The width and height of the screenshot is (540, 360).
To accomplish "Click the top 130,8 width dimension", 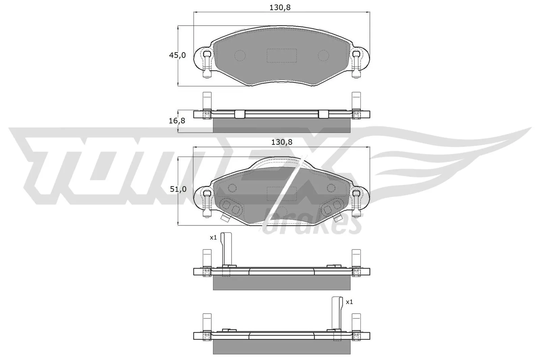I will (280, 7).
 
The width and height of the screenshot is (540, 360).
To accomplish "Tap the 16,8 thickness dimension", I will (177, 120).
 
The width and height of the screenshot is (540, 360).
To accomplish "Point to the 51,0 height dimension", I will (178, 189).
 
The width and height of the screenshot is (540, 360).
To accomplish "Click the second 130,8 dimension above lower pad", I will (282, 142).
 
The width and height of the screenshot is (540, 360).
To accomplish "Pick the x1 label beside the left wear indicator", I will (213, 238).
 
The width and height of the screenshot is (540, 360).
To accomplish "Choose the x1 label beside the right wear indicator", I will (349, 302).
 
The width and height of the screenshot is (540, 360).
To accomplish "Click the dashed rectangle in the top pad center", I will (281, 55).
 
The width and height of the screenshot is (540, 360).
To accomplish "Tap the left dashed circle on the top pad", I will (240, 55).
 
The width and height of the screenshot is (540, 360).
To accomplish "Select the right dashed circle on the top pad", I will (324, 55).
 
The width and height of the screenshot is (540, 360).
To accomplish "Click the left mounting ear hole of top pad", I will (207, 54).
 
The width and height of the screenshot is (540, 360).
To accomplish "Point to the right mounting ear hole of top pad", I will (356, 54).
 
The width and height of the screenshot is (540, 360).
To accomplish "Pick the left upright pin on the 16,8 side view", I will (206, 101).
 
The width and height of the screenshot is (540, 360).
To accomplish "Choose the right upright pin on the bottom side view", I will (356, 322).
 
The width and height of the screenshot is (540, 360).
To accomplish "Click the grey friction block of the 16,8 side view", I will (281, 125).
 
